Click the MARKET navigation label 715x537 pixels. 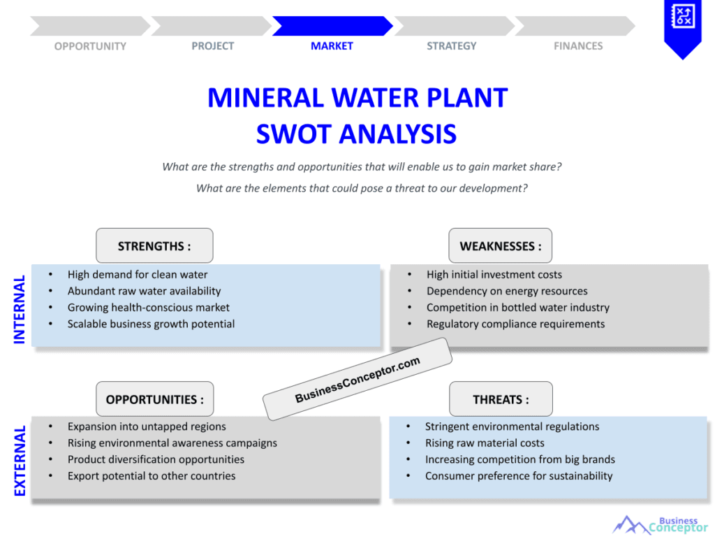(x=332, y=46)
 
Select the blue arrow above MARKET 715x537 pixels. (x=332, y=26)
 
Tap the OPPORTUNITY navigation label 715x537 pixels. (x=90, y=46)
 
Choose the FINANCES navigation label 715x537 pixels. (x=578, y=46)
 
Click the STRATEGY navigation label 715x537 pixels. (x=452, y=46)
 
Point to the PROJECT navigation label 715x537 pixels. (x=213, y=46)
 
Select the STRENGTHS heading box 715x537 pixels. (x=154, y=246)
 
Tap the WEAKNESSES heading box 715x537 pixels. (x=500, y=246)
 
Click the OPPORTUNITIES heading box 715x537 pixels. (x=154, y=399)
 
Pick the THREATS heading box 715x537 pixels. (x=501, y=399)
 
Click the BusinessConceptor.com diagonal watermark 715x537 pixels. (x=357, y=380)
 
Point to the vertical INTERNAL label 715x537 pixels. (x=20, y=308)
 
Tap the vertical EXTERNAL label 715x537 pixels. (x=20, y=461)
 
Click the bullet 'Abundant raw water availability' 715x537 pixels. (x=144, y=291)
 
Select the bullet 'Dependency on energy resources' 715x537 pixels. (x=507, y=291)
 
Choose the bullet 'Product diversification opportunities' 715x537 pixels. (x=156, y=459)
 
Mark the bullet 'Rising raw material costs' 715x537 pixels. (x=485, y=443)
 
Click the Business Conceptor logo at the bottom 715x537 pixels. (x=660, y=524)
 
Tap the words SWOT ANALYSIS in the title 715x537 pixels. (x=356, y=134)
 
